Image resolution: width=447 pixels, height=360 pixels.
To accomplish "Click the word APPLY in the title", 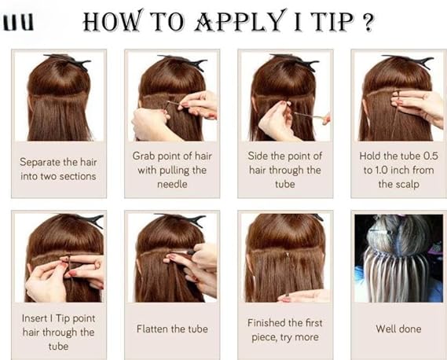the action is point(239,21).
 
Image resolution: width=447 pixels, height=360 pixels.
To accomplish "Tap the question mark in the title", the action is point(368,22).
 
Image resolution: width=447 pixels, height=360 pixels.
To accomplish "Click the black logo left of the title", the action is point(19,23).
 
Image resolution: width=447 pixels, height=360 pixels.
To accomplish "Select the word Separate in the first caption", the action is point(40,162).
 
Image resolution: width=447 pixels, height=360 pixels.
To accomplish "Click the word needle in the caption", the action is point(172,184).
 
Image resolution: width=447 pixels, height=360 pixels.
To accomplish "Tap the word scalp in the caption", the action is point(409,185).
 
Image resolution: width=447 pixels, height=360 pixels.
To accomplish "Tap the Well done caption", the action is point(398,329).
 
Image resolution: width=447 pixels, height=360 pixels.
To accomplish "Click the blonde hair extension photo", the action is point(398,258).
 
